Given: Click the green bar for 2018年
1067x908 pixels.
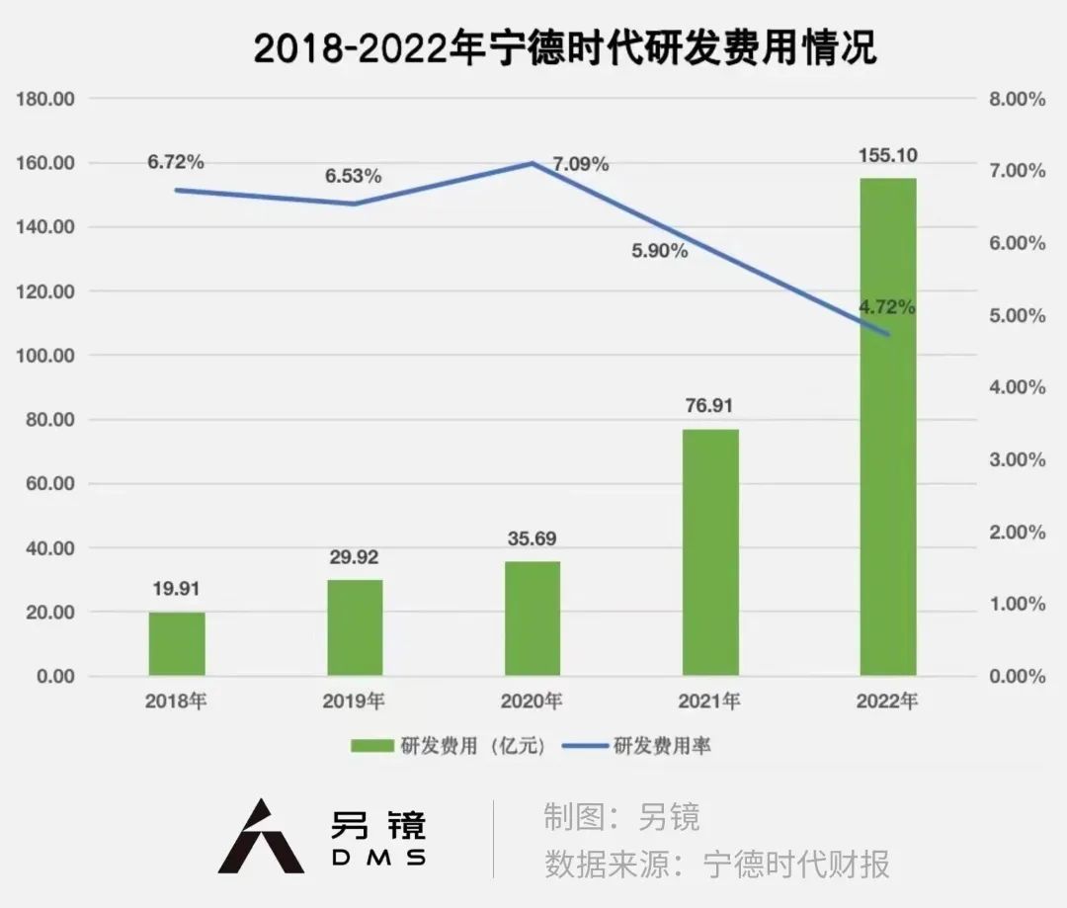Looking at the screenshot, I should pos(177,643).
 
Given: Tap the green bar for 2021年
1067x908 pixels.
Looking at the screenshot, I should pos(709,552).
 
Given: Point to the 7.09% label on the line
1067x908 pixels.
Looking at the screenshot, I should pos(581,164).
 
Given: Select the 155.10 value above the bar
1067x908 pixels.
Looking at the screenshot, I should pos(887,155).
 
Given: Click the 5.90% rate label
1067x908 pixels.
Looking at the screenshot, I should pos(660,251).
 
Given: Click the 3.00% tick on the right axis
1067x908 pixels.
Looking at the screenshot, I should pos(1019,459).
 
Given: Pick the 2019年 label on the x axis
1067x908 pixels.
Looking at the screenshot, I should pos(354,702).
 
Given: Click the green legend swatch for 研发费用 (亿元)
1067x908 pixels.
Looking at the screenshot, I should pos(372,746).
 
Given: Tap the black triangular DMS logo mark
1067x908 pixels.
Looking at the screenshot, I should pos(260,838).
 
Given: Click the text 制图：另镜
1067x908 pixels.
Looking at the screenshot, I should pos(621,817).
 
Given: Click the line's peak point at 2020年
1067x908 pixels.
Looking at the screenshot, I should pos(533,163).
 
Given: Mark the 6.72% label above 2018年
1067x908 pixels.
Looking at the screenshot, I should pos(176,161).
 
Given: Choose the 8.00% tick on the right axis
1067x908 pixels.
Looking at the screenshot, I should pos(1019,99).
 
